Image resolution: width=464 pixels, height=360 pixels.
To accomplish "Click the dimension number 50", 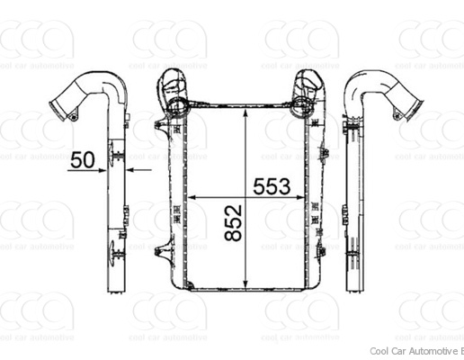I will [x=83, y=160].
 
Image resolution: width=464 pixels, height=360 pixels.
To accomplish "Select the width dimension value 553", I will [x=271, y=186].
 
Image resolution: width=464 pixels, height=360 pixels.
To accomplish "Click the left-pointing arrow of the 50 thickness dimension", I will [x=132, y=168].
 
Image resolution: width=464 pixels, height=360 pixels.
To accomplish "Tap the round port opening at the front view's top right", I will [x=304, y=107].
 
